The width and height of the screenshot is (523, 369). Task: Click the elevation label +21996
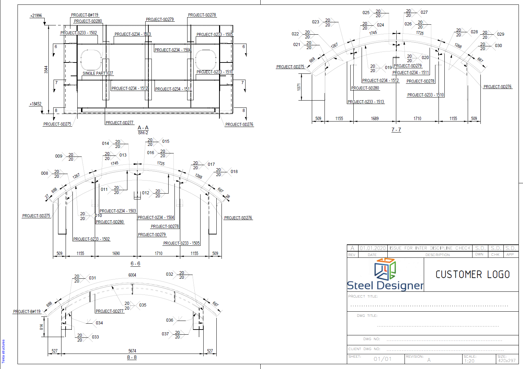click(36, 16)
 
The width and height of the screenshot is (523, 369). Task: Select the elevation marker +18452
click(35, 104)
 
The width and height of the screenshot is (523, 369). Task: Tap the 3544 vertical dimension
click(46, 70)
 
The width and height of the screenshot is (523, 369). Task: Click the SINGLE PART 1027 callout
click(98, 73)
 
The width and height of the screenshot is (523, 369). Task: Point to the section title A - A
click(143, 128)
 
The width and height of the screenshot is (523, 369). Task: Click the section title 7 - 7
click(396, 130)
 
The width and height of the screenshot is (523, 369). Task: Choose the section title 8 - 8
click(132, 357)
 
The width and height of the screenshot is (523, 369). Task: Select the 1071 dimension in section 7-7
click(299, 87)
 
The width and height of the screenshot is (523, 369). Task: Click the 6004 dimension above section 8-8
click(132, 275)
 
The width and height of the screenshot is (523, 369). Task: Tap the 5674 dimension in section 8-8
click(132, 351)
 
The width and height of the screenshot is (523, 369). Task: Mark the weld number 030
click(498, 46)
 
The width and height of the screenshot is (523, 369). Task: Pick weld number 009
click(59, 156)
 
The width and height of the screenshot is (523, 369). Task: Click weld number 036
click(170, 320)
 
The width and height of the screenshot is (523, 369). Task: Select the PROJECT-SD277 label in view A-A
click(120, 123)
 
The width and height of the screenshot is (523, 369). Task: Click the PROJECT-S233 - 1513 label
click(366, 102)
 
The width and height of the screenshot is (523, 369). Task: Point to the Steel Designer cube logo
click(385, 269)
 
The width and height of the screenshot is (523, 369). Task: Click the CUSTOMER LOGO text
click(473, 275)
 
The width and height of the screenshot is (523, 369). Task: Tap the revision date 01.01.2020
click(373, 248)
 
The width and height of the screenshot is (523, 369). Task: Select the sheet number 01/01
click(383, 359)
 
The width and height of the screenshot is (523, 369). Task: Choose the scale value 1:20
click(469, 361)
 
